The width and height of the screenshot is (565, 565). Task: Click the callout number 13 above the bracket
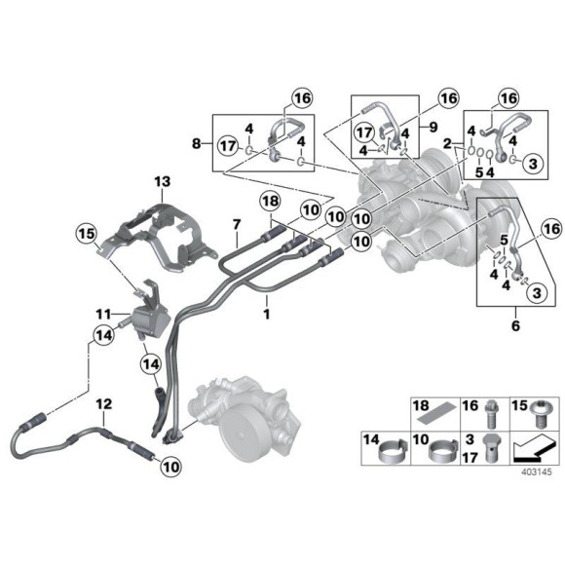point(160,182)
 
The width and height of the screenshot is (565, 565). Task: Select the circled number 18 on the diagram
point(270,202)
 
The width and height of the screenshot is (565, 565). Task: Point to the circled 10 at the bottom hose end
point(171,467)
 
